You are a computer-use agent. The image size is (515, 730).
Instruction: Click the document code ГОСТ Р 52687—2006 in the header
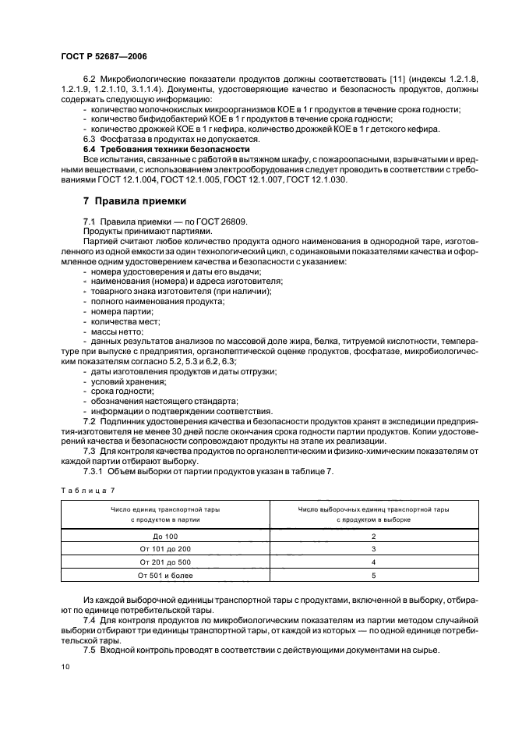click(x=103, y=56)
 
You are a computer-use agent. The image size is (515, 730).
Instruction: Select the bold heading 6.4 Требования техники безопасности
click(x=166, y=149)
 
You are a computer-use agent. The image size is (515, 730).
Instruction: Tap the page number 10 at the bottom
click(x=66, y=666)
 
